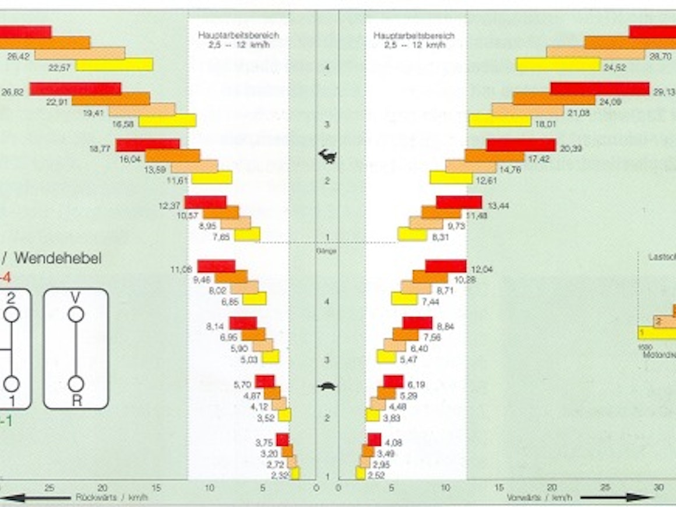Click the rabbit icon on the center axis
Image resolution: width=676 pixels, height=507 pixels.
(327, 156)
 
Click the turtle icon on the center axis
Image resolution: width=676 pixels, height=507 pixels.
(327, 386)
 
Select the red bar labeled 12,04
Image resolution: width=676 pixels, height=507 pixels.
(446, 266)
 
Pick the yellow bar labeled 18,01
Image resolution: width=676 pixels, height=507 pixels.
(500, 121)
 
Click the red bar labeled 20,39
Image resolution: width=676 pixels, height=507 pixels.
(521, 145)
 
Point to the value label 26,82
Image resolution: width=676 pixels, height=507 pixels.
(12, 91)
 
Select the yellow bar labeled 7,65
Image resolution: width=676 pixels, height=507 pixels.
(247, 235)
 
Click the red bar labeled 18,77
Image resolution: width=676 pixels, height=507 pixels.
(147, 145)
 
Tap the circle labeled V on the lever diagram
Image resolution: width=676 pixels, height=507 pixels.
(76, 315)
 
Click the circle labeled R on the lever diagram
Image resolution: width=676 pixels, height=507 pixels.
(76, 384)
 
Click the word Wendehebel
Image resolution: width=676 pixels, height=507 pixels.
(58, 258)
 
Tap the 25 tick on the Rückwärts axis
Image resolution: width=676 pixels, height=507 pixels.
(50, 488)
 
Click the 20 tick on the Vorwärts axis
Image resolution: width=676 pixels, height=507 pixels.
(552, 488)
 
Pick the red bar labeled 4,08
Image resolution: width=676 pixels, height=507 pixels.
(374, 440)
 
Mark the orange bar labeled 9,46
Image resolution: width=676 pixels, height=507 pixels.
(231, 277)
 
